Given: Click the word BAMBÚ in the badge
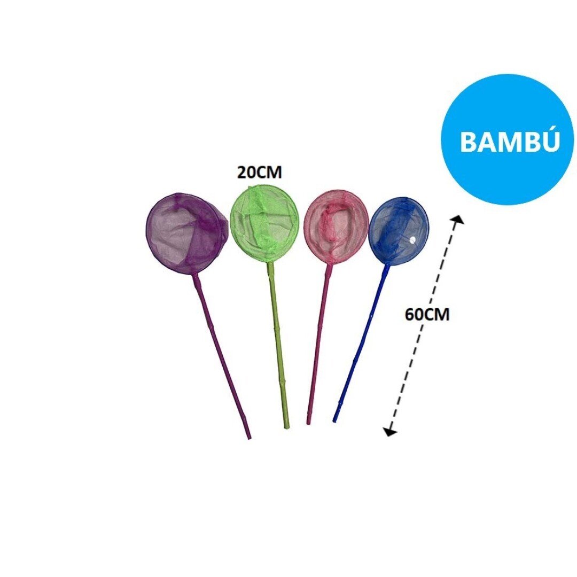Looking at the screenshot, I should click(x=509, y=142).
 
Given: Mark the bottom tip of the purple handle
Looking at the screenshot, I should click(x=248, y=436).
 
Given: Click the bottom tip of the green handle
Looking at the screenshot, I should click(x=286, y=426).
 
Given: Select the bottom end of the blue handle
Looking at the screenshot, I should click(x=335, y=419).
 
